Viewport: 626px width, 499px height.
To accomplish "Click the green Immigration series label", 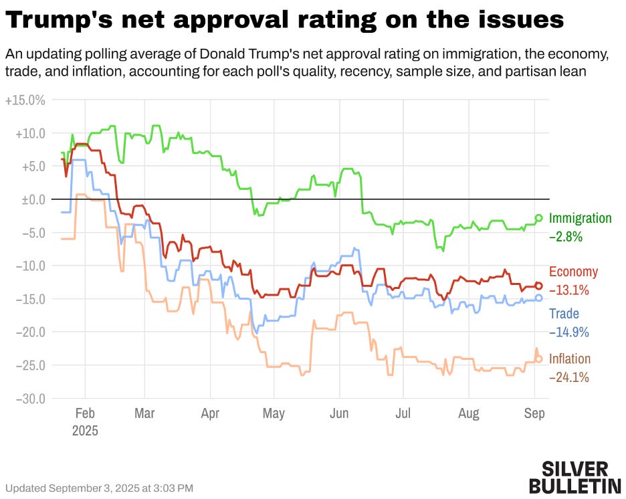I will (580, 218).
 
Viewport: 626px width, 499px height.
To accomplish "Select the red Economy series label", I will (573, 272).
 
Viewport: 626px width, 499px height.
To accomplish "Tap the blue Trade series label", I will (564, 314).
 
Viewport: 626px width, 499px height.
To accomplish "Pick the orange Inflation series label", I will (570, 359).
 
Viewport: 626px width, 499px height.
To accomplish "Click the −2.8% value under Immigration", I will (566, 236).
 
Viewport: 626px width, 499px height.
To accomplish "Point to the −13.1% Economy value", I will (569, 290).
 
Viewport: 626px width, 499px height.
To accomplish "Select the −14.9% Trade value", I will (569, 332).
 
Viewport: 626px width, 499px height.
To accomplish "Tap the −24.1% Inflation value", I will (569, 377).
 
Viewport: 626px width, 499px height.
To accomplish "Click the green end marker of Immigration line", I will (539, 217).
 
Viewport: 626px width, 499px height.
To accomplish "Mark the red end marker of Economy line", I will (539, 286).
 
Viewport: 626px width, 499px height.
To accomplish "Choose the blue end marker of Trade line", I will (539, 298).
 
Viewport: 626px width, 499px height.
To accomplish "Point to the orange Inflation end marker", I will (539, 359).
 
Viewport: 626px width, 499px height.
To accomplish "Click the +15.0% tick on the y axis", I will (25, 100).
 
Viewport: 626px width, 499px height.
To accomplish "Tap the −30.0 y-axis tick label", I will (29, 399).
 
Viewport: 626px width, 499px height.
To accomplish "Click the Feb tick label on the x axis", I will (85, 414).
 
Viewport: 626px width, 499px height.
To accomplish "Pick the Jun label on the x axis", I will (339, 414).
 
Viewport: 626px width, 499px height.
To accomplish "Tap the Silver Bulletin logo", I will (575, 476).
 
